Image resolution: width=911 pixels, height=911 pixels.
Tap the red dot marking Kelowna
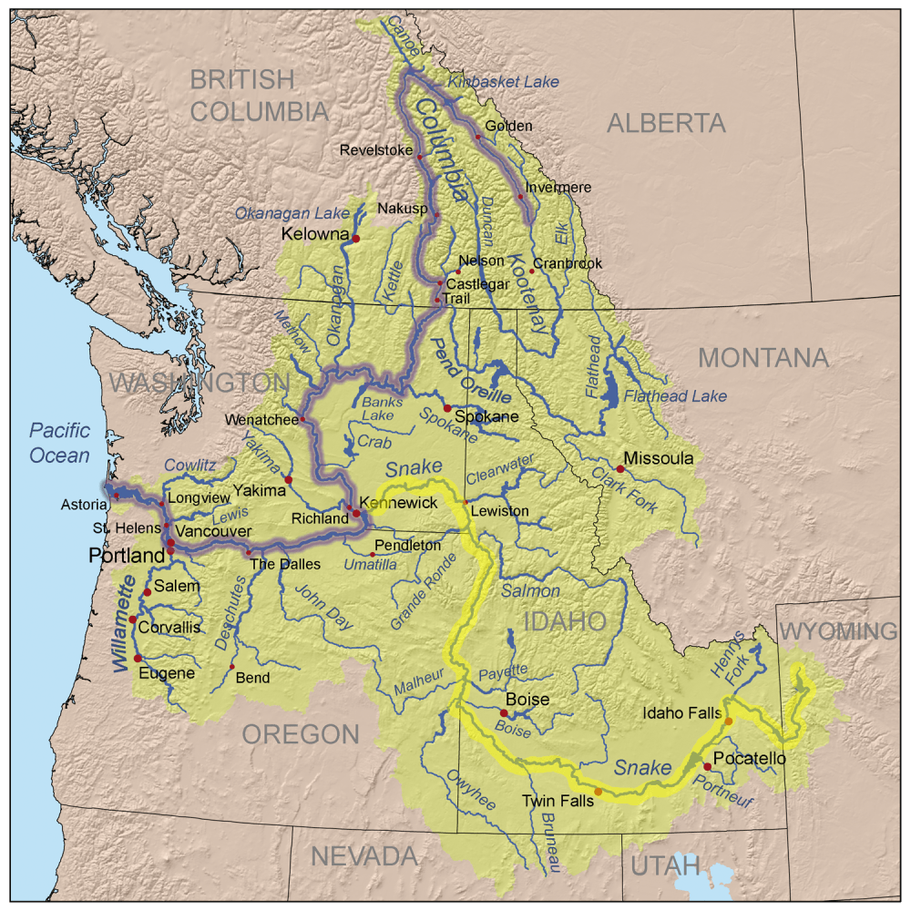(x=356, y=238)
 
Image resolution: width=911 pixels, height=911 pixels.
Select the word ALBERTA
(x=666, y=123)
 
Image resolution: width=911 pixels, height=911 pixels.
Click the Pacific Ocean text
(x=59, y=442)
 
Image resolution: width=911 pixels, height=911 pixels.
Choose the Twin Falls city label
(x=558, y=801)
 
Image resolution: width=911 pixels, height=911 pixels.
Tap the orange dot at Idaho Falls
(x=728, y=722)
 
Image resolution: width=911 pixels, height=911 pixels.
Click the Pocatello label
(x=750, y=758)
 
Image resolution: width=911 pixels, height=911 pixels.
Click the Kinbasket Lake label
(x=502, y=82)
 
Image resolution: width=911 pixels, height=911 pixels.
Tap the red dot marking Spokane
(x=447, y=407)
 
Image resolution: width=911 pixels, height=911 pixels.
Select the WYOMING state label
(x=839, y=631)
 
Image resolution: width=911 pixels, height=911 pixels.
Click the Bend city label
(x=252, y=678)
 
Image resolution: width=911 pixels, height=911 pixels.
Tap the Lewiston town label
(x=501, y=511)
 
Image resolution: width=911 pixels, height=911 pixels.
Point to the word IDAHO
(x=565, y=622)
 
